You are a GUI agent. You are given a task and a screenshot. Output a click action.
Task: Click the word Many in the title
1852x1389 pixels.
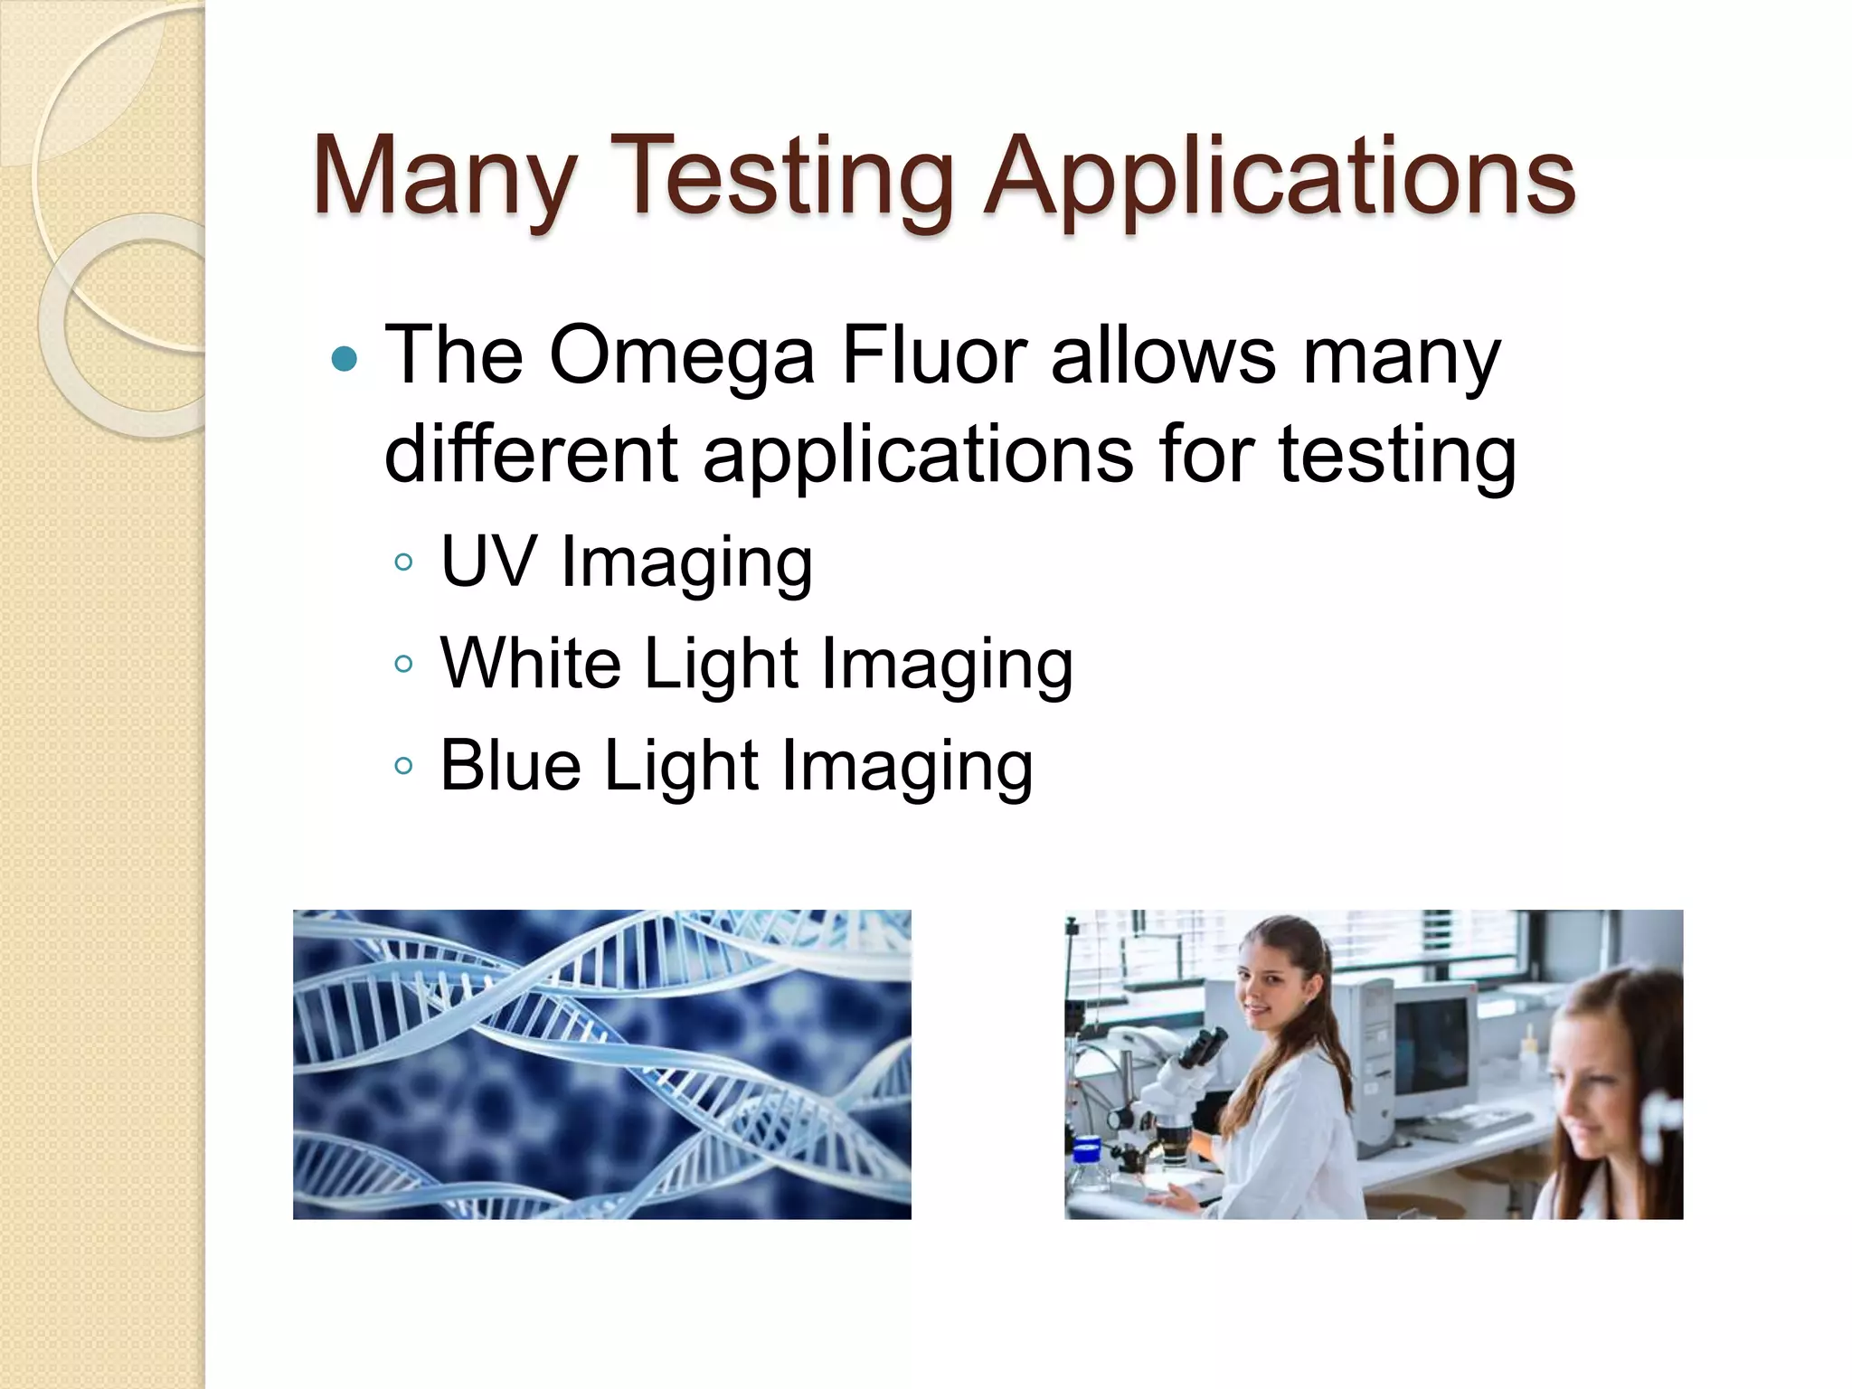[443, 176]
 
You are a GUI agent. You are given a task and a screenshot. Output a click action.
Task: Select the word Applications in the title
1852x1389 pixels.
[1279, 176]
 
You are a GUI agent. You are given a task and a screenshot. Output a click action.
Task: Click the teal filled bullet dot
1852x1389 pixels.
[345, 360]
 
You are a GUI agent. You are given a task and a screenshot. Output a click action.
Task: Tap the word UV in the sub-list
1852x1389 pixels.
[488, 562]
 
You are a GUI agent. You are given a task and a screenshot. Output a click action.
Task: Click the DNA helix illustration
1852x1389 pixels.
[601, 1064]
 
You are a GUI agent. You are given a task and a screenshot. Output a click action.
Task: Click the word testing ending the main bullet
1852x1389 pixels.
[1397, 453]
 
